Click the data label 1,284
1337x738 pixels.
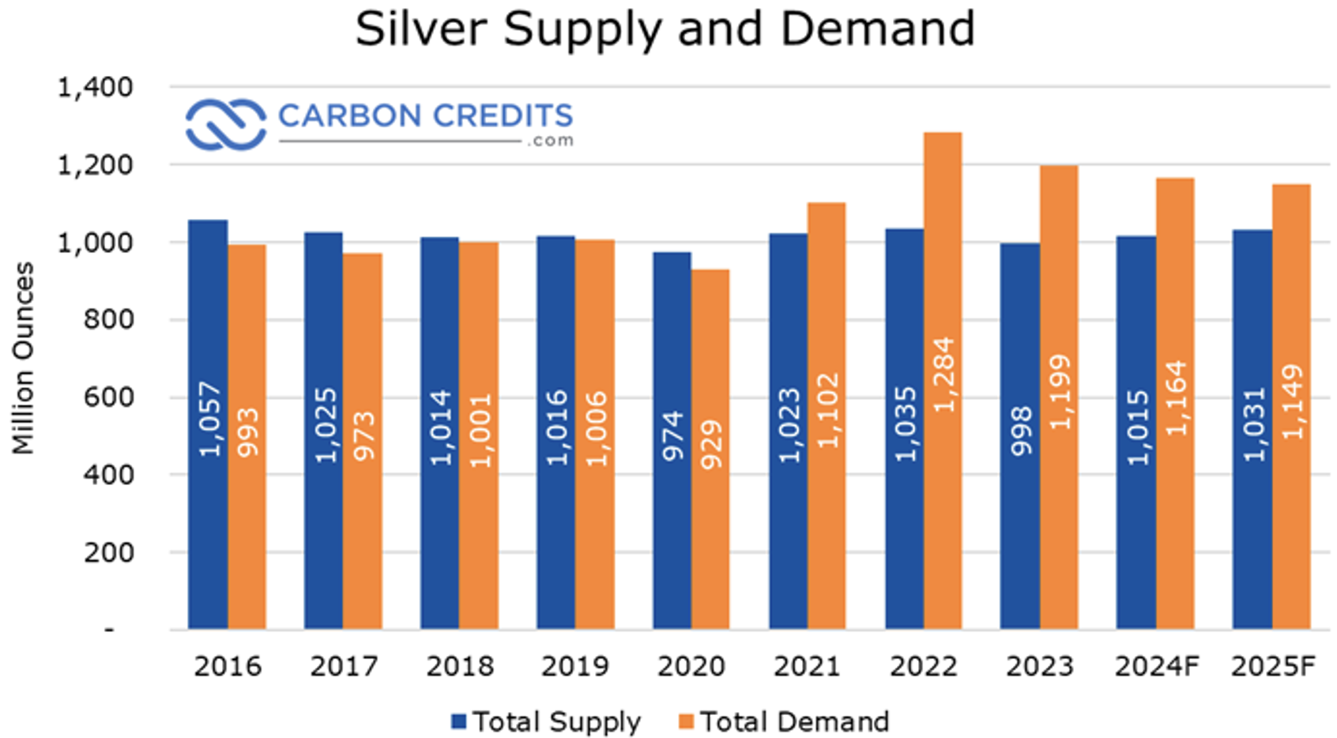click(943, 375)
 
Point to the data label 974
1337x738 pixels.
click(672, 435)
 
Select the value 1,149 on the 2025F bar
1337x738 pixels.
click(1292, 401)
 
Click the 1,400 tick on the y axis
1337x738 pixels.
click(95, 87)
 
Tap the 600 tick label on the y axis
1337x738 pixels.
click(108, 397)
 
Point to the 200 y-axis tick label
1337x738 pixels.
click(108, 552)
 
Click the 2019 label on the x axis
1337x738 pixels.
click(575, 666)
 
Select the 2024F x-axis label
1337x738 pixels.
click(1157, 666)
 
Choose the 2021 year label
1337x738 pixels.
click(807, 666)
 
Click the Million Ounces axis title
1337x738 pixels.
click(24, 358)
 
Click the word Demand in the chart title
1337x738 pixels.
click(877, 28)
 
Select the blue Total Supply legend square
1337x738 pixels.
click(459, 721)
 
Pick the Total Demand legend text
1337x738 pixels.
click(794, 721)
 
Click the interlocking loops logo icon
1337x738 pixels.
click(226, 124)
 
